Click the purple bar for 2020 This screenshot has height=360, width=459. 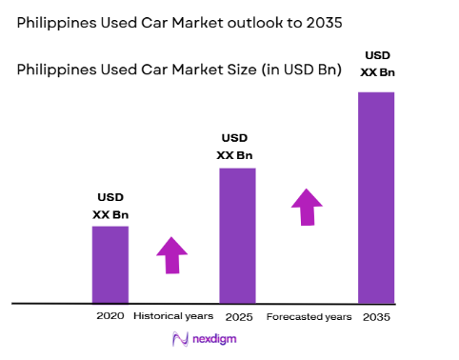(x=110, y=264)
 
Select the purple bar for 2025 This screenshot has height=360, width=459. (x=237, y=235)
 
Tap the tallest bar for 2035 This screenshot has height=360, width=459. (x=376, y=197)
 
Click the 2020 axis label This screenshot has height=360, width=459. (x=110, y=315)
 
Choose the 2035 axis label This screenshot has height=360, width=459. (x=377, y=316)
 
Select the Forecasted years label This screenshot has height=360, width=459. (x=309, y=316)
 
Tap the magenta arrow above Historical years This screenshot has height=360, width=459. (x=172, y=254)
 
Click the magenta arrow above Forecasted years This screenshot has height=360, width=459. (x=307, y=207)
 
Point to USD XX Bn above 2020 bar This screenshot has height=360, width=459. (x=110, y=207)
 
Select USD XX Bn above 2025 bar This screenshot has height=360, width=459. (x=237, y=147)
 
